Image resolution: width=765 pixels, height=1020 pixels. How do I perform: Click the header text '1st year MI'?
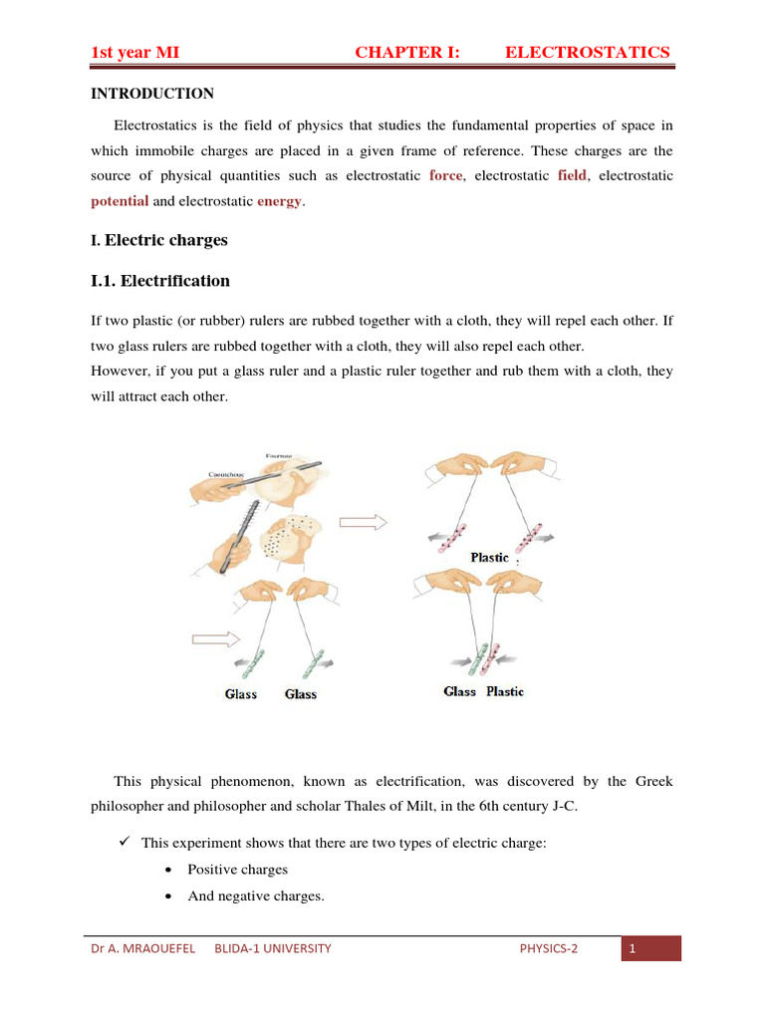(134, 53)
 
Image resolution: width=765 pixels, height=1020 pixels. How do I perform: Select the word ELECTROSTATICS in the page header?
(588, 53)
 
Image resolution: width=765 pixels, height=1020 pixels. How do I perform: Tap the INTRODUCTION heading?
(152, 94)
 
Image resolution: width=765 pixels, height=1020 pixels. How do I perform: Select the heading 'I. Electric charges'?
(158, 241)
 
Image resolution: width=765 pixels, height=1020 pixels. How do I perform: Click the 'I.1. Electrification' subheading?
(159, 281)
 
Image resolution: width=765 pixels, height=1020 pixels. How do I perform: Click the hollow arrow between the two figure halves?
(363, 520)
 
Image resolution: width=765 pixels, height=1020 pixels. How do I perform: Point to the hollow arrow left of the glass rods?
(215, 637)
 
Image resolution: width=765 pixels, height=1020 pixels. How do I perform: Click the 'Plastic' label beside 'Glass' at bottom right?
(505, 691)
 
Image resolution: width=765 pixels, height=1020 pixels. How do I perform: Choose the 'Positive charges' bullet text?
(238, 870)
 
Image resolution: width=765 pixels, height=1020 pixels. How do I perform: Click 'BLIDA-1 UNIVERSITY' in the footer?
(272, 949)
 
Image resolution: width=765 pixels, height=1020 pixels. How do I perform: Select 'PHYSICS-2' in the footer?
(548, 949)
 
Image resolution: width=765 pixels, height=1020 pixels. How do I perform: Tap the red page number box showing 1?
(650, 949)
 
